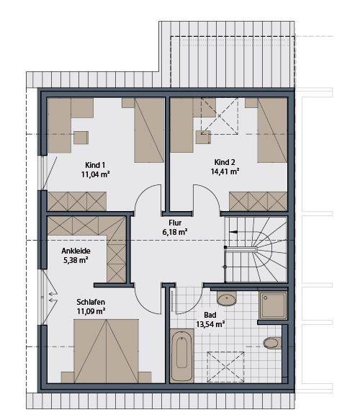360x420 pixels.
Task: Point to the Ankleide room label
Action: (71, 251)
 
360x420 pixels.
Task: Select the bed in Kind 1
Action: (150, 130)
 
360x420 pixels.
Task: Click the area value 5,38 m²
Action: (71, 260)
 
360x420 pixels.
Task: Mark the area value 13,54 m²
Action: (210, 325)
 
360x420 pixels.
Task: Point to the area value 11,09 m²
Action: (91, 311)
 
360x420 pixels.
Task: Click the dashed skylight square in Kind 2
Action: (220, 115)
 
